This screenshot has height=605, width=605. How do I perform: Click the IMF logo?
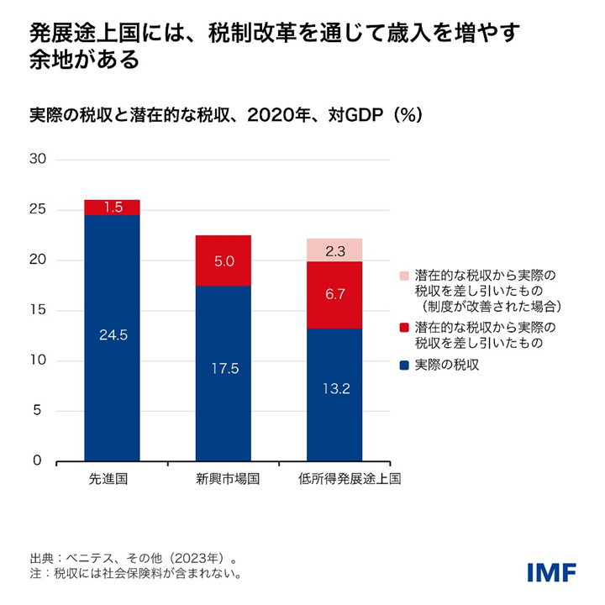(x=551, y=572)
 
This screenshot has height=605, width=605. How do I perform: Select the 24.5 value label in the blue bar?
(x=112, y=334)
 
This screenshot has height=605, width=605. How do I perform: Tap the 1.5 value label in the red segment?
(x=112, y=207)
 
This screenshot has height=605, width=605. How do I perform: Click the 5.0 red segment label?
(x=223, y=261)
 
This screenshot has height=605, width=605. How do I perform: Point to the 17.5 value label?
(x=223, y=368)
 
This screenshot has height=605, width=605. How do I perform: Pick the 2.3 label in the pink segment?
(x=334, y=250)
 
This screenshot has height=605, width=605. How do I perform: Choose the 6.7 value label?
(x=334, y=295)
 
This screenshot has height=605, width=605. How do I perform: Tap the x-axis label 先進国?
(x=112, y=480)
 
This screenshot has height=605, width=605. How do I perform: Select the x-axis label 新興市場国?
(x=223, y=480)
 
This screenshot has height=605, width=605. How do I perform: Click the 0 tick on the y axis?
(x=38, y=461)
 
